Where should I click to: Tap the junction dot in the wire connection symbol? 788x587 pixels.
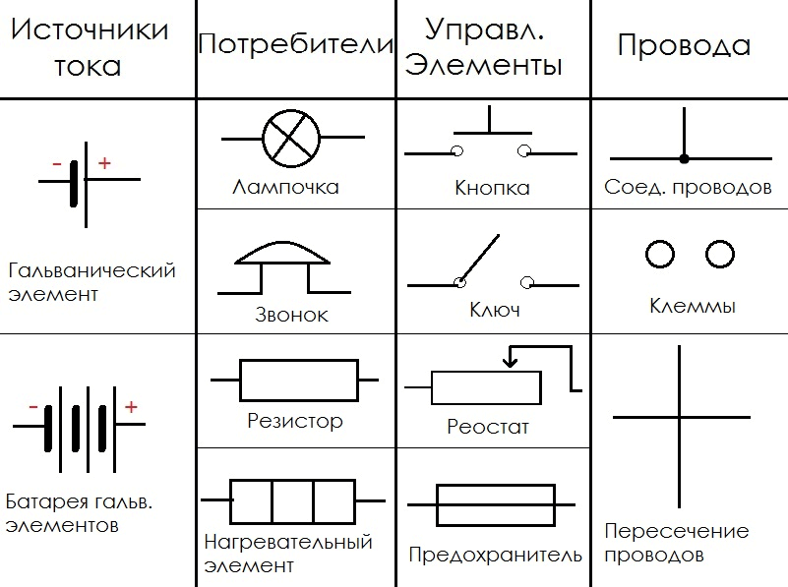tap(684, 158)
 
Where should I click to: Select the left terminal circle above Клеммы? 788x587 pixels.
tap(660, 254)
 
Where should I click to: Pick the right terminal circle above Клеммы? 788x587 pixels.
tap(720, 254)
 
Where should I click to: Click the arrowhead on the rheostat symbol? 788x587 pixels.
tap(511, 362)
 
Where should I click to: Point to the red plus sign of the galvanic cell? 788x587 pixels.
tap(104, 162)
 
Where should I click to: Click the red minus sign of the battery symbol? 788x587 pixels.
tap(33, 407)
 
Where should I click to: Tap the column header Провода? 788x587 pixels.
tap(684, 45)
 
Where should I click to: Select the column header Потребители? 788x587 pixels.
tap(295, 43)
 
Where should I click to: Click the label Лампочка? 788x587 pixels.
tap(285, 187)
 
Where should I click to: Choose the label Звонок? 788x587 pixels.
tap(291, 315)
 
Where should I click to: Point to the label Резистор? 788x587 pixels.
tap(295, 421)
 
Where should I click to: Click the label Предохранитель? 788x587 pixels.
tap(495, 555)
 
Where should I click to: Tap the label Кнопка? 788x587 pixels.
tap(492, 188)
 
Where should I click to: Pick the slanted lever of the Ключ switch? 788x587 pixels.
tap(479, 258)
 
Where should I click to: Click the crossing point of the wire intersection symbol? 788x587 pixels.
tap(680, 417)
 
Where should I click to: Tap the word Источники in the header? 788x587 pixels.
tap(90, 29)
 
